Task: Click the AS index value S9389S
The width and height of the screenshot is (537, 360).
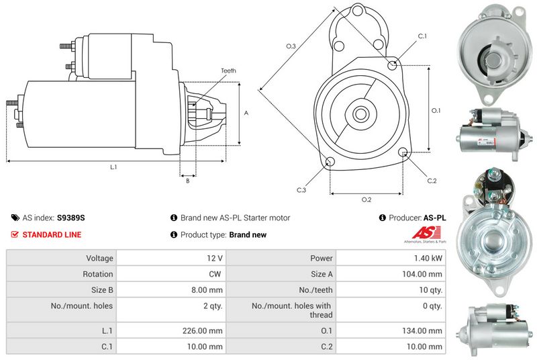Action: [x=71, y=218]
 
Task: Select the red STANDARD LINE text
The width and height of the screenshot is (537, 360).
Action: [x=52, y=234]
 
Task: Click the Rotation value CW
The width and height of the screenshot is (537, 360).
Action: [x=216, y=274]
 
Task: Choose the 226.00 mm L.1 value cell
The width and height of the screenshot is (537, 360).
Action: [x=205, y=330]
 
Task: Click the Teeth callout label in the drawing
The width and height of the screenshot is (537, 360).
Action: [x=228, y=71]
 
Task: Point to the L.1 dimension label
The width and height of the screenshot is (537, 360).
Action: [x=113, y=167]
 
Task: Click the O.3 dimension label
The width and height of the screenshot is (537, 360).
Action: [x=291, y=46]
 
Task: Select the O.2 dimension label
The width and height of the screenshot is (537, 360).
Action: [x=367, y=199]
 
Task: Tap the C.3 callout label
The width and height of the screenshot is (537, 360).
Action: [x=301, y=191]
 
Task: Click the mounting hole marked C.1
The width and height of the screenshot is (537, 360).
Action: [x=393, y=64]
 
